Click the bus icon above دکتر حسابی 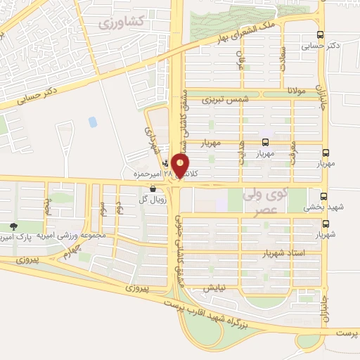click(321, 34)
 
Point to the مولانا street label click(300, 91)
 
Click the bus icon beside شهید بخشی click(324, 196)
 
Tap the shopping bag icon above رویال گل click(153, 188)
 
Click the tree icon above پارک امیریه click(15, 226)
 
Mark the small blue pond click(93, 122)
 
